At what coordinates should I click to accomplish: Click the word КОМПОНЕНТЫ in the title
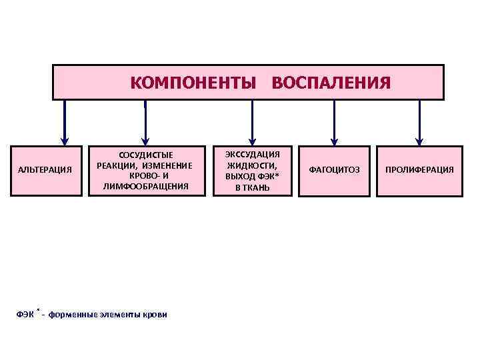[x=193, y=82]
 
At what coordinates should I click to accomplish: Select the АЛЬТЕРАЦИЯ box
[x=45, y=170]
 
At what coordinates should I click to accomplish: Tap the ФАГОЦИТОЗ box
[x=334, y=170]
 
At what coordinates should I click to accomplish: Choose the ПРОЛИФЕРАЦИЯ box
[x=419, y=170]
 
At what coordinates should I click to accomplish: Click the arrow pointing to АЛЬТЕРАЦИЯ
[x=65, y=123]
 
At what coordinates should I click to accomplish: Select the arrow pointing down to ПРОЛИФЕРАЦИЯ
[x=419, y=123]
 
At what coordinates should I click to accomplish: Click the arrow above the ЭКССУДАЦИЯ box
[x=252, y=123]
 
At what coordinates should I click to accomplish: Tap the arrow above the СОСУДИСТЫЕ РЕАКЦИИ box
[x=145, y=123]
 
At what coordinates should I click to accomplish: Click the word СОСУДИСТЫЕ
[x=145, y=155]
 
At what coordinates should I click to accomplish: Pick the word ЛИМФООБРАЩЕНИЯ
[x=145, y=186]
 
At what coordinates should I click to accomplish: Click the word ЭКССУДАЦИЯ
[x=253, y=154]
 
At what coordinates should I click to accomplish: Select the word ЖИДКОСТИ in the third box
[x=253, y=165]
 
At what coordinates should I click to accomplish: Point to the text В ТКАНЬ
[x=253, y=188]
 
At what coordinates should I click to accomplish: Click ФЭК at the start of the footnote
[x=25, y=315]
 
